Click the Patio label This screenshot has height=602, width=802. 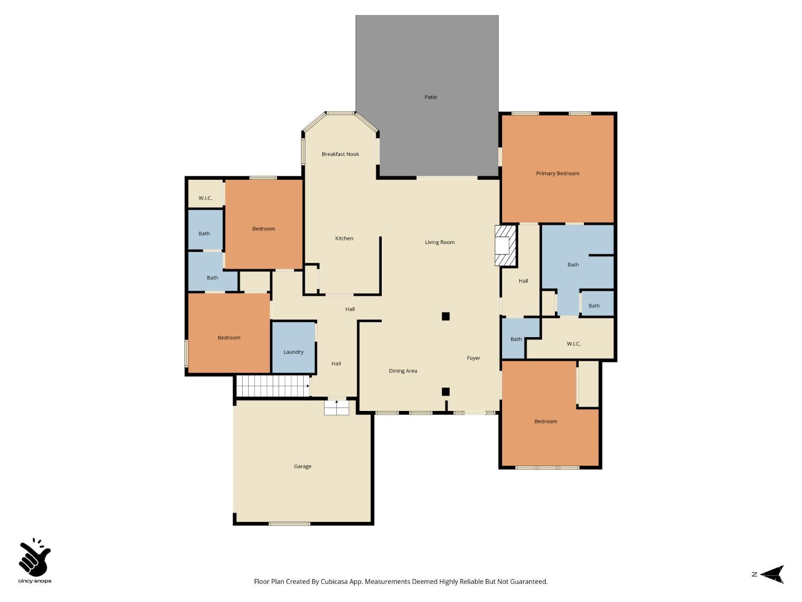(x=430, y=97)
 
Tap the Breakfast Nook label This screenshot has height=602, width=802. (x=340, y=154)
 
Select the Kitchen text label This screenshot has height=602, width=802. (x=344, y=239)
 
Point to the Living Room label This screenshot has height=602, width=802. (x=439, y=242)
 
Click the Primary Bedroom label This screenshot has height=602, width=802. (x=557, y=173)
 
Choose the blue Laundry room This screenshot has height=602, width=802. (x=294, y=347)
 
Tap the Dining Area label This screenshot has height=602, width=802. (x=403, y=371)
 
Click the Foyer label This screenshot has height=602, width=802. (x=473, y=359)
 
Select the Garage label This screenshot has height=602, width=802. (x=302, y=467)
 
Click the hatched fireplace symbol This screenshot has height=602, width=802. (x=505, y=245)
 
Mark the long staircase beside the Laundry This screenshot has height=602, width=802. (x=273, y=386)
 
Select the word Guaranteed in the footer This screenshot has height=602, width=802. (x=528, y=582)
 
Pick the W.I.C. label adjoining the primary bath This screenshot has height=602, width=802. (x=573, y=344)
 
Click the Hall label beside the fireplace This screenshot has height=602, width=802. (x=523, y=281)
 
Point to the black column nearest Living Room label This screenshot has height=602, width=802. (x=445, y=316)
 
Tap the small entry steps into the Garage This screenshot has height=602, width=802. (x=336, y=408)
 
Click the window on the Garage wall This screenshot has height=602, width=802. (x=289, y=523)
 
